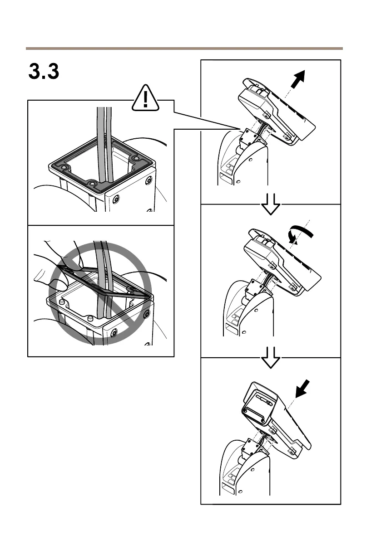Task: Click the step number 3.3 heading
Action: [x=44, y=72]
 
